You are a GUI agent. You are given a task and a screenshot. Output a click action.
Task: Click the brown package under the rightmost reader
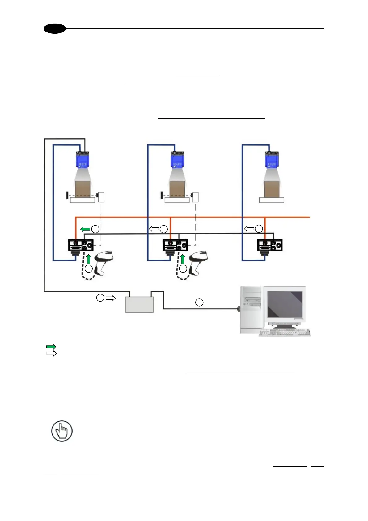point(272,188)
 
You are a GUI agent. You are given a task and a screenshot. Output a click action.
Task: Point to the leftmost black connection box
point(80,245)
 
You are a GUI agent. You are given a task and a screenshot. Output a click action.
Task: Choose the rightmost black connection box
point(270,245)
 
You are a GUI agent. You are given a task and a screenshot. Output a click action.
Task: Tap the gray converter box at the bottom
point(139,304)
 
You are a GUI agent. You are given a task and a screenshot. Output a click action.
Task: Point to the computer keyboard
point(284,333)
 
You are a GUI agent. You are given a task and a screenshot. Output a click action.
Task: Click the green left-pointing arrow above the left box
point(85,229)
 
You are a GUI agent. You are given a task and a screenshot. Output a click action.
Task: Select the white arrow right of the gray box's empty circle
point(111,298)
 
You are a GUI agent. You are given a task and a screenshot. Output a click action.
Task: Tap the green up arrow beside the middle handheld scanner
point(183,259)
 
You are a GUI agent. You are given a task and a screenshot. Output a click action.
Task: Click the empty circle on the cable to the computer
point(199,302)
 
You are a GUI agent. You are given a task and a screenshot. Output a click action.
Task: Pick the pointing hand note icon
point(62,431)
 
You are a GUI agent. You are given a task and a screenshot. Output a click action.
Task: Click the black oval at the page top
point(55,28)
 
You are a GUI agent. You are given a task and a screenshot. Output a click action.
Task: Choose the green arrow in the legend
point(51,347)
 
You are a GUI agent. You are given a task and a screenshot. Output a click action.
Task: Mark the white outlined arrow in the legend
point(51,353)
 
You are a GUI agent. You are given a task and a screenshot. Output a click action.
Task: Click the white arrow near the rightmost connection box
point(249,229)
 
